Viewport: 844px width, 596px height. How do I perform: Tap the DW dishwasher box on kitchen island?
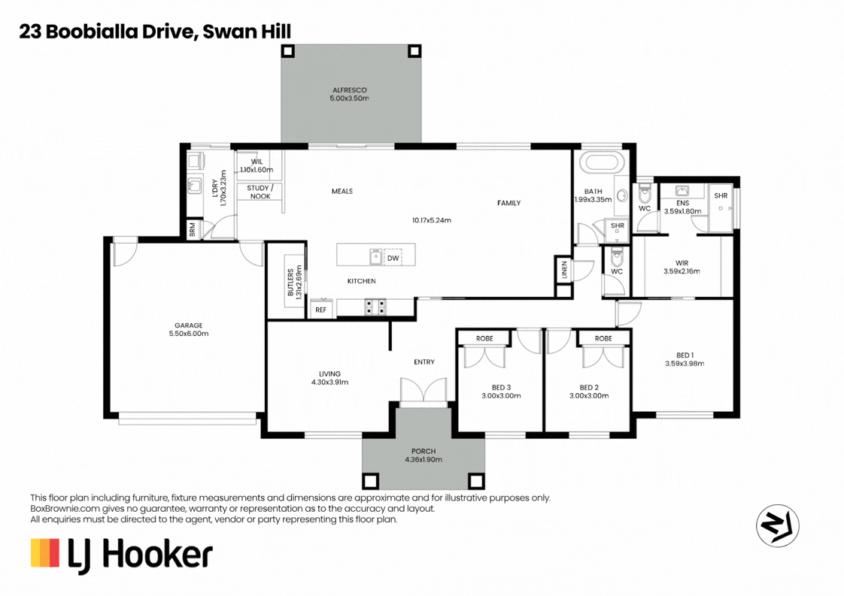tap(393, 258)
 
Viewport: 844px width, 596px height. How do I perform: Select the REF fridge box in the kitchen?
tap(321, 309)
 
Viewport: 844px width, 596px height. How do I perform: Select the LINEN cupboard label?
tap(563, 271)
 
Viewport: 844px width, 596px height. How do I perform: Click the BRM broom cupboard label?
tap(193, 231)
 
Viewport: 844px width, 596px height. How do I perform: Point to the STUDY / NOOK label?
tap(260, 192)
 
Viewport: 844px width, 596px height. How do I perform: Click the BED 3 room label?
tap(501, 387)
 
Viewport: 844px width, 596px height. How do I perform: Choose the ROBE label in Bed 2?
tap(603, 339)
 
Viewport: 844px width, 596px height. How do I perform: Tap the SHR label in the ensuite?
tap(721, 195)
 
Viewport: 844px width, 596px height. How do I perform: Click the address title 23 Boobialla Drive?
tap(105, 31)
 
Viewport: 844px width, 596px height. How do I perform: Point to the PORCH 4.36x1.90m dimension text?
tap(424, 459)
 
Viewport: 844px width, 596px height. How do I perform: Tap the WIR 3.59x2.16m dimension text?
tap(682, 271)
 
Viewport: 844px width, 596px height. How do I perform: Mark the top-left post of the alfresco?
tap(287, 51)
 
